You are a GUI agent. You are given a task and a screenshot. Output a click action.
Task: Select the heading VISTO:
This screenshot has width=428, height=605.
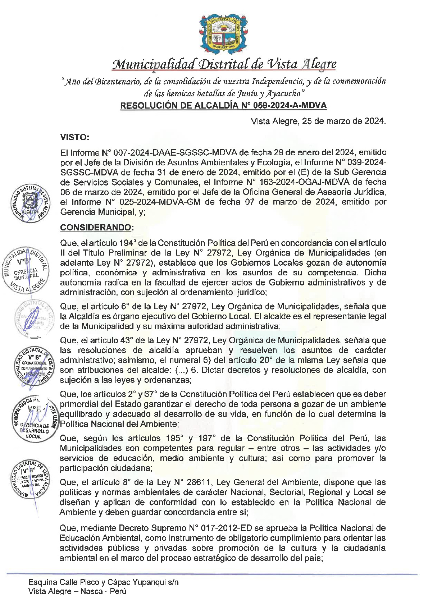click(x=74, y=137)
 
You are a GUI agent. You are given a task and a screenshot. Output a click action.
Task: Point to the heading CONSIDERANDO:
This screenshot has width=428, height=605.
click(x=96, y=228)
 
